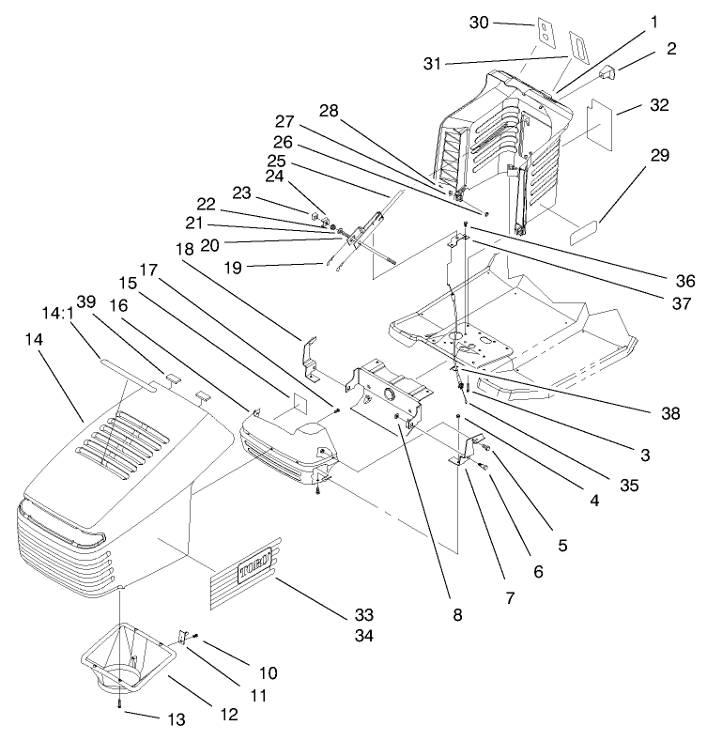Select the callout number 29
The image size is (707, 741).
(660, 155)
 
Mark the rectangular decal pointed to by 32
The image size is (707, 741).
(598, 118)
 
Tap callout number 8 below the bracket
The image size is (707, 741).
(456, 615)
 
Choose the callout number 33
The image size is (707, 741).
(363, 615)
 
